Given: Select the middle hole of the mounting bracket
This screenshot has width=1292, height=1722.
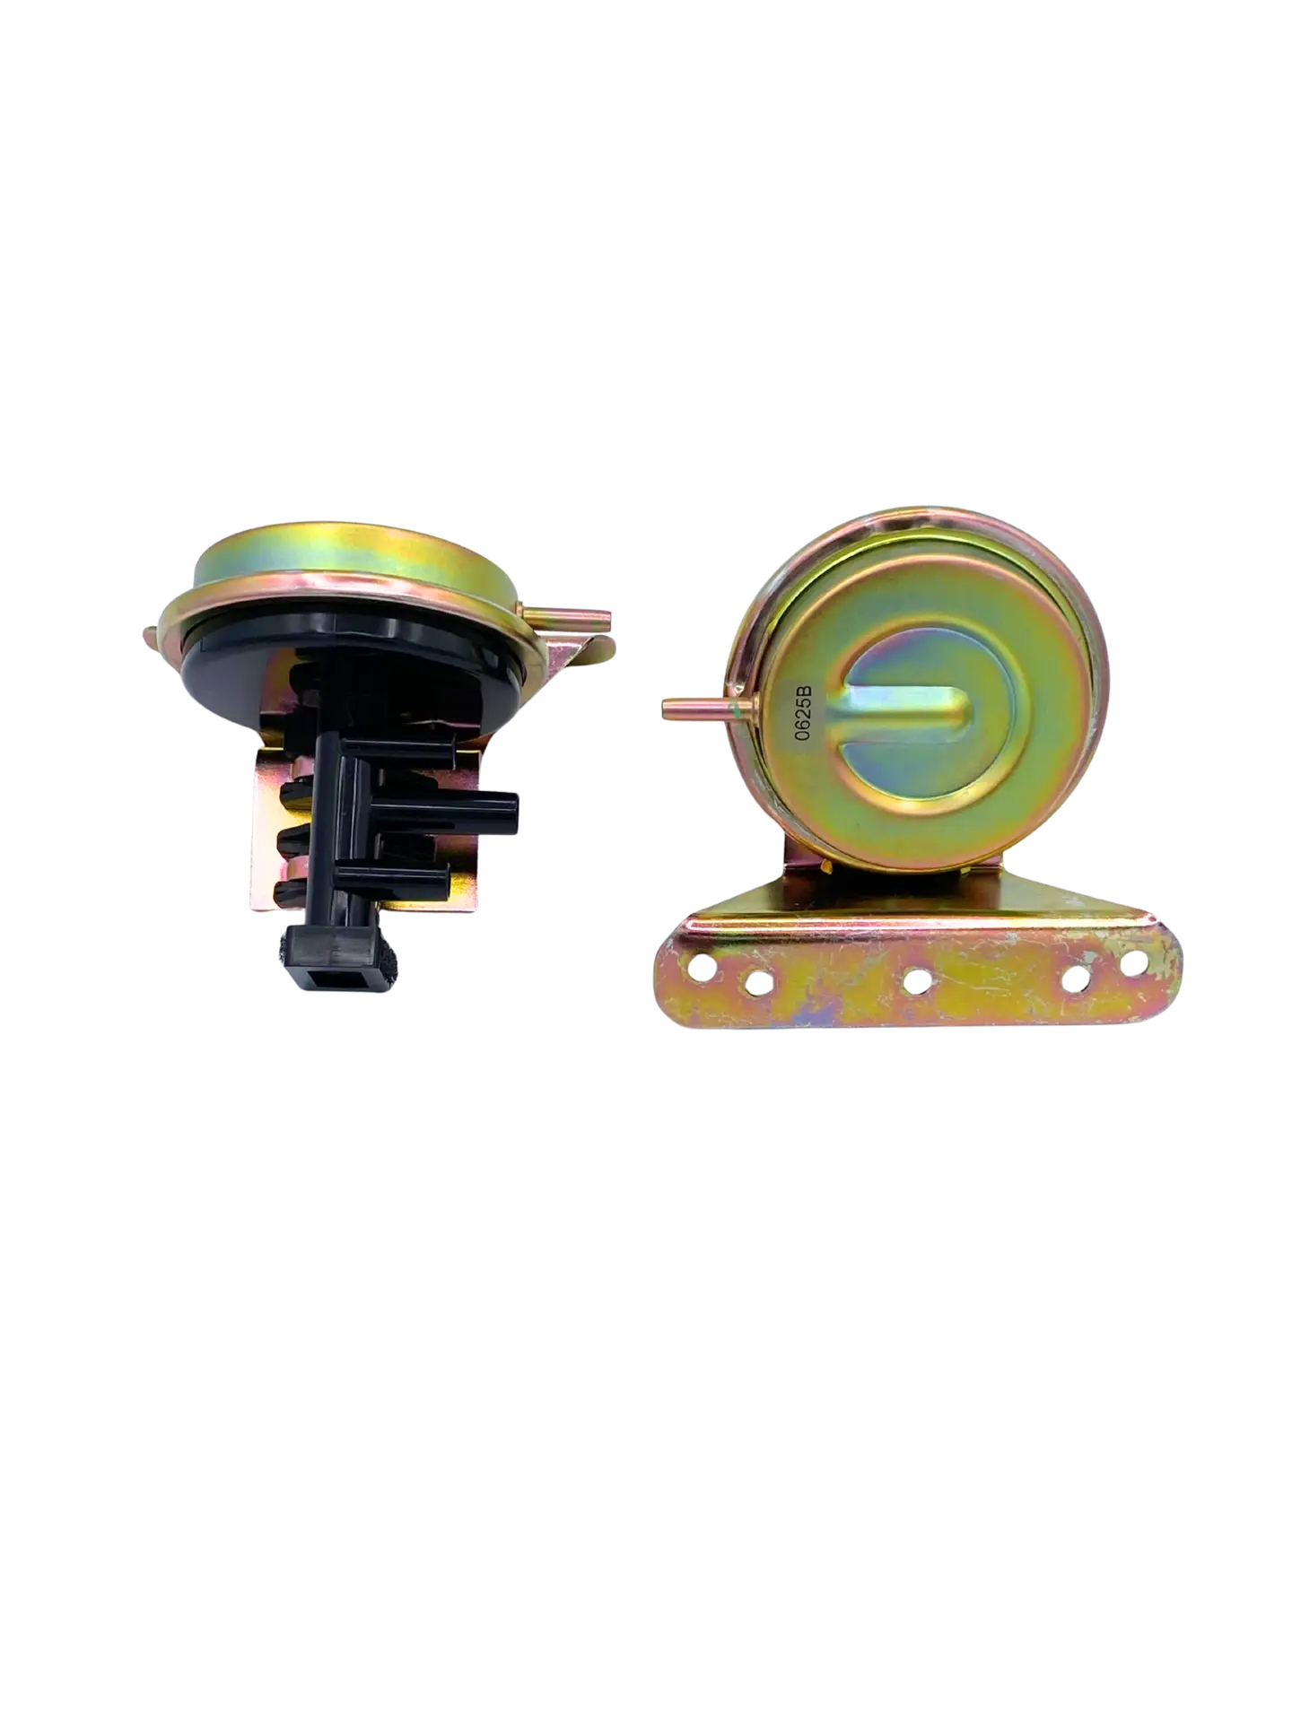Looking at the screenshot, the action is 915,981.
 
